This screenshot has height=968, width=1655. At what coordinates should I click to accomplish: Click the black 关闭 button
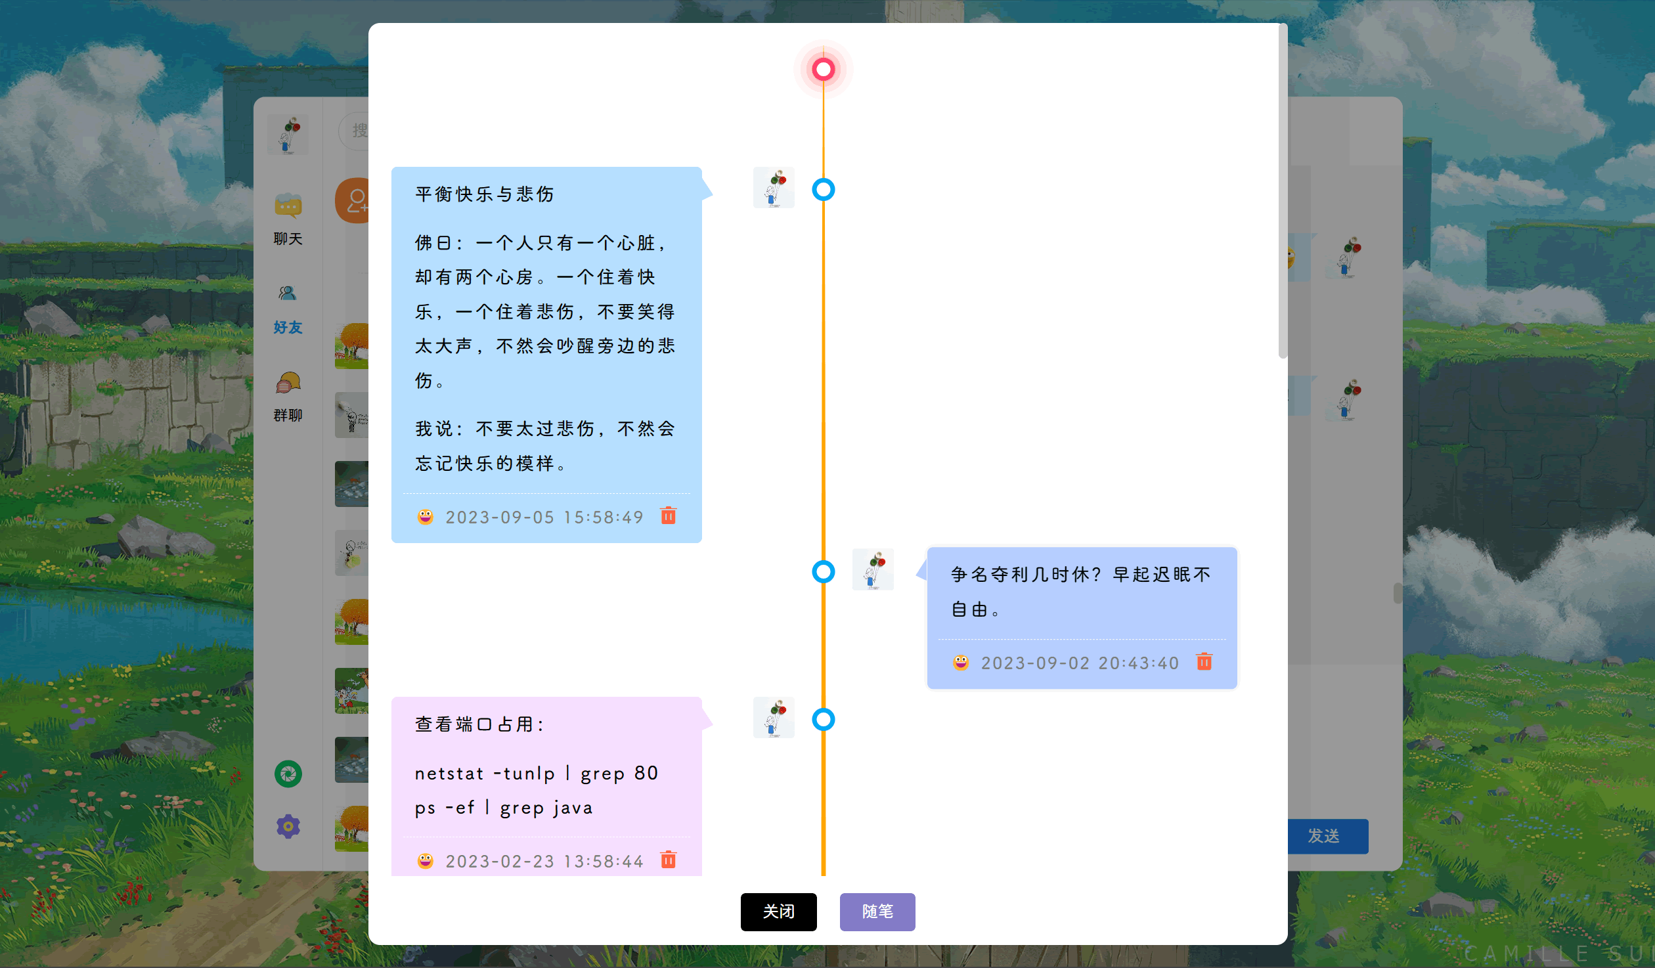(x=778, y=912)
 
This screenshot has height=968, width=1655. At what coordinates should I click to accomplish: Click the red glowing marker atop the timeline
(x=823, y=69)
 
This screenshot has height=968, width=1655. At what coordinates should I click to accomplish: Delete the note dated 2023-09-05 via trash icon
(x=668, y=516)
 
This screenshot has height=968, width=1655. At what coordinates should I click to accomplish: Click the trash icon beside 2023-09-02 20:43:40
(x=1204, y=661)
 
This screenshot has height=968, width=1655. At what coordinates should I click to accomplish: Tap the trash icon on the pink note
(x=668, y=860)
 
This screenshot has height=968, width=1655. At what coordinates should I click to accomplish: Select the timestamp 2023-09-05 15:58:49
(x=544, y=517)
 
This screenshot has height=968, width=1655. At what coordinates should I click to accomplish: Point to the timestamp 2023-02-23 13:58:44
(x=544, y=862)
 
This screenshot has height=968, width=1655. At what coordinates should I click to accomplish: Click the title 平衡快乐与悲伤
(x=485, y=194)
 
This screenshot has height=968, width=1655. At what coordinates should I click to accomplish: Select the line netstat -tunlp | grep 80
(x=537, y=774)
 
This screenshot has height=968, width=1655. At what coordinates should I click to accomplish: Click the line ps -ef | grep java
(x=504, y=808)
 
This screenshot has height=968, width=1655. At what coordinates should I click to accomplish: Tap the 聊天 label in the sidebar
(x=288, y=239)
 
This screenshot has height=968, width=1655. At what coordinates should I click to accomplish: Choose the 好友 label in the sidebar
(x=288, y=327)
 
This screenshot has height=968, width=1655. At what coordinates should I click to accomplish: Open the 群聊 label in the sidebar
(x=288, y=415)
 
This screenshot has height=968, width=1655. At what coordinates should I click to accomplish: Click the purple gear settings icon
(x=288, y=826)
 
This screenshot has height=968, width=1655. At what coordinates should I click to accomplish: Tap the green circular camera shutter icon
(x=288, y=774)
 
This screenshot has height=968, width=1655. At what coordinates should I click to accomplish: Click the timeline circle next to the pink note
(x=823, y=720)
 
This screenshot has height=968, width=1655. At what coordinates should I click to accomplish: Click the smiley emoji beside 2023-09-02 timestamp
(x=961, y=662)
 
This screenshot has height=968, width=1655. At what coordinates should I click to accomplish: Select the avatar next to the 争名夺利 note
(x=873, y=569)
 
